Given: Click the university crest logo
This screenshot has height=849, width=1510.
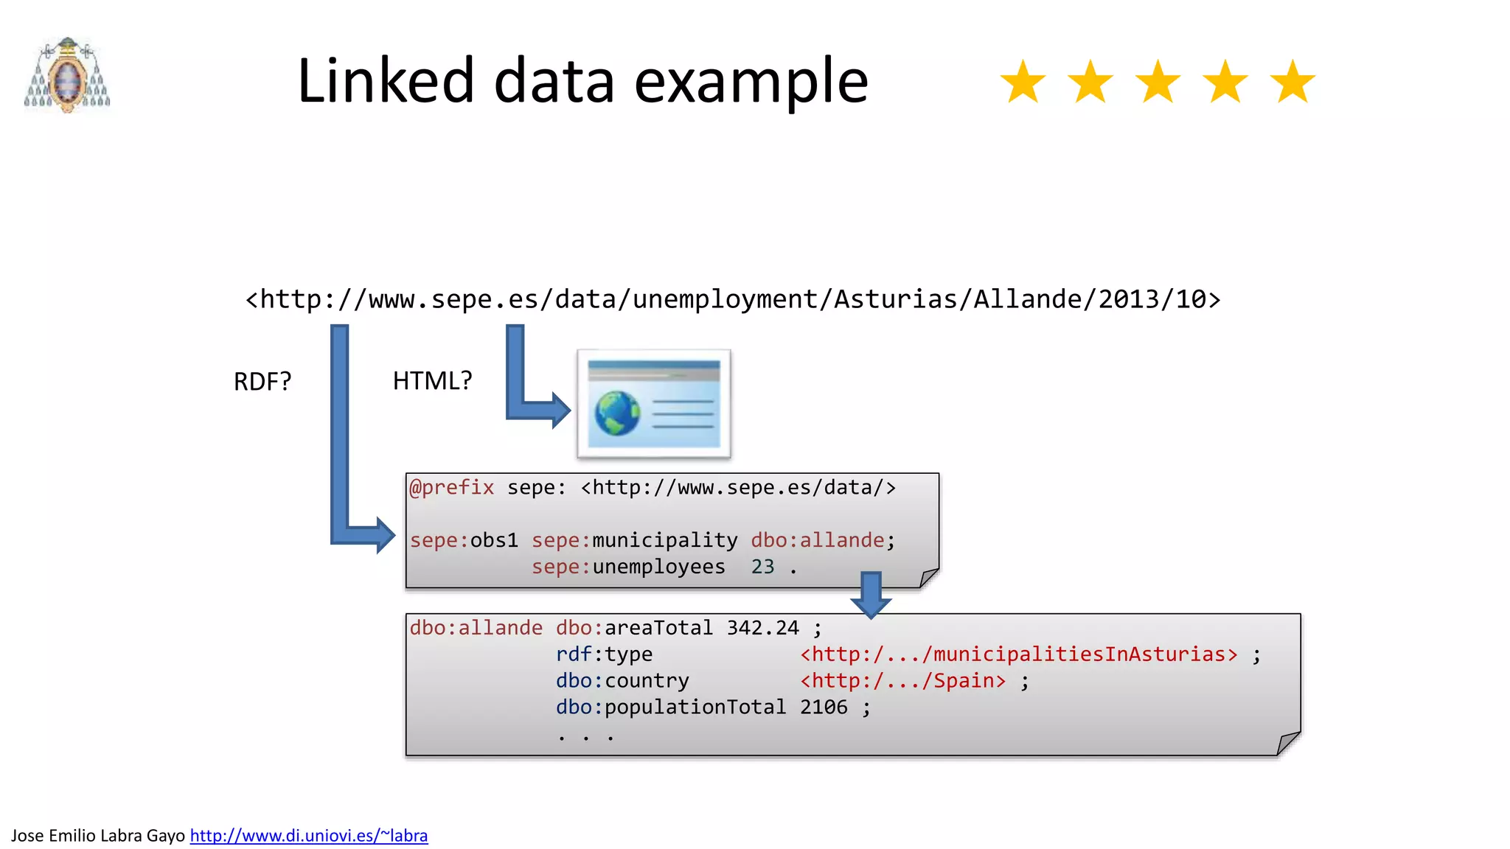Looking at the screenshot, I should pos(67,75).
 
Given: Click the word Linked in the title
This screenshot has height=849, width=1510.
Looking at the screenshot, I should pos(385,81).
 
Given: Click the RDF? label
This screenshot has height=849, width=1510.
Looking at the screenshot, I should pos(262,382).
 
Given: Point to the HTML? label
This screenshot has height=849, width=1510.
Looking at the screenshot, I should pos(432,381).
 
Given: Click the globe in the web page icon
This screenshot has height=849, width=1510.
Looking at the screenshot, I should pos(617,413).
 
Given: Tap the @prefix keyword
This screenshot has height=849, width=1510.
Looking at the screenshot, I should pos(451,488).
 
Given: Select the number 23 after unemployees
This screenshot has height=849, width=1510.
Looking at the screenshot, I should pos(762,567).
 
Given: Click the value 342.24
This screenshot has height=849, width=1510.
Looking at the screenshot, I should pos(762,628).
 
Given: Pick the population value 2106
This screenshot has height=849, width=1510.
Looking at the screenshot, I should pos(824,707).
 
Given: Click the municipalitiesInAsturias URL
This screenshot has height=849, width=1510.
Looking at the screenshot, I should pos(1019,654).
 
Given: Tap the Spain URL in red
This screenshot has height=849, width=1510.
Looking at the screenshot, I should pos(902,681).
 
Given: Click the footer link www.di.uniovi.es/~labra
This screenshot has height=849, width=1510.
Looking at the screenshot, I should pos(308,836).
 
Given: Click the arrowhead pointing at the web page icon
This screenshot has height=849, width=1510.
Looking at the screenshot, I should pos(560,410).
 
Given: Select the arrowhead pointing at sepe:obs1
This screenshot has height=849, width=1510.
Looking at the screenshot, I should pos(385,535).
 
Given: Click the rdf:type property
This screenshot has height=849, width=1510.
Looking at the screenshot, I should pos(604,654).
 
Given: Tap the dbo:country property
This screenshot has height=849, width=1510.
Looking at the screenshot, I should pos(622,681).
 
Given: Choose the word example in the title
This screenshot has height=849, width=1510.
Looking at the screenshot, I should pos(751,81).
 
